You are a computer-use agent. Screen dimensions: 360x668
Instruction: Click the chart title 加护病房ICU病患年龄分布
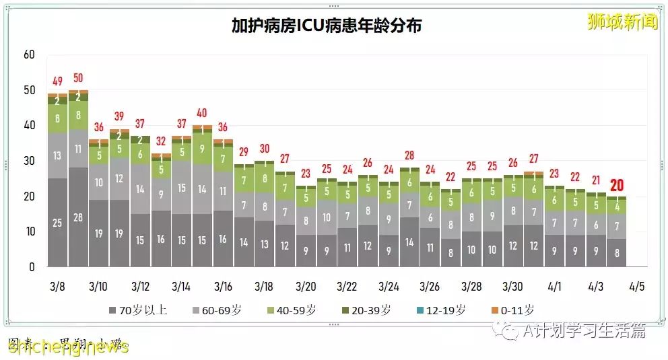327,26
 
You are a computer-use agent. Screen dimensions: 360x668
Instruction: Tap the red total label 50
78,78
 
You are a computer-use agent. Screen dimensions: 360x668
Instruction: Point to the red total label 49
57,81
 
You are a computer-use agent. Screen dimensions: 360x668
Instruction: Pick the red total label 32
161,141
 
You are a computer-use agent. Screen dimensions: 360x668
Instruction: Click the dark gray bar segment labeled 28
78,217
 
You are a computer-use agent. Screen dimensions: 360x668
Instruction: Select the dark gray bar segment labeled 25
57,223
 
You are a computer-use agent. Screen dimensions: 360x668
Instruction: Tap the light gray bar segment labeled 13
57,156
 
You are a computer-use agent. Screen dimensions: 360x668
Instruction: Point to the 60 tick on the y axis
28,55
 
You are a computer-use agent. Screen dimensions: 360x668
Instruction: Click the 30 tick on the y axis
28,161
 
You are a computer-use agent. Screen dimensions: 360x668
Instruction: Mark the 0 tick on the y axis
31,267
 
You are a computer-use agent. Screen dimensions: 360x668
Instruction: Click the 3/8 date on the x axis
57,287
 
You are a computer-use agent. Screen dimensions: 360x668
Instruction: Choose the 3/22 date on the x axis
347,287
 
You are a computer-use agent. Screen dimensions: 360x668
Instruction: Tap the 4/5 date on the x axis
636,287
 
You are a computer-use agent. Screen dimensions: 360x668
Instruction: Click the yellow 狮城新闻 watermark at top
622,22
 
